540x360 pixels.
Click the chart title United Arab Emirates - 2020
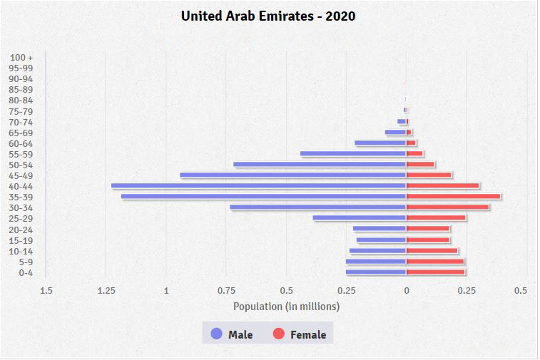pos(268,16)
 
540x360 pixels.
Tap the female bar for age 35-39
pos(453,197)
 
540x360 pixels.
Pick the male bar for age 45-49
pos(292,175)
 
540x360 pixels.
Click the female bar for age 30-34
pos(447,207)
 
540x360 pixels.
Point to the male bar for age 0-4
pos(376,272)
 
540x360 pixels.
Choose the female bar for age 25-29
pos(436,218)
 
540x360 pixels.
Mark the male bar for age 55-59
pos(353,154)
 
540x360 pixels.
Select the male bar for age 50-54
pos(320,165)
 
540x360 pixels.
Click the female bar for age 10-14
pos(432,251)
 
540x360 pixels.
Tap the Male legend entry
pos(232,334)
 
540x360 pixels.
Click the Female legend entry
pos(300,334)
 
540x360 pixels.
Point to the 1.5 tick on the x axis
pos(46,290)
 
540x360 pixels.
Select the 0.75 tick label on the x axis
pos(226,290)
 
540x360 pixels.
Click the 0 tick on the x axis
pos(407,290)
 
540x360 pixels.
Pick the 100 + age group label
pos(22,57)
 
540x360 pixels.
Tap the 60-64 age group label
pos(22,143)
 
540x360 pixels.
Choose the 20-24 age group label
pos(22,230)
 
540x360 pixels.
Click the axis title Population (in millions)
pos(286,307)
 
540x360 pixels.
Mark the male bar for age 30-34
pos(317,207)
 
